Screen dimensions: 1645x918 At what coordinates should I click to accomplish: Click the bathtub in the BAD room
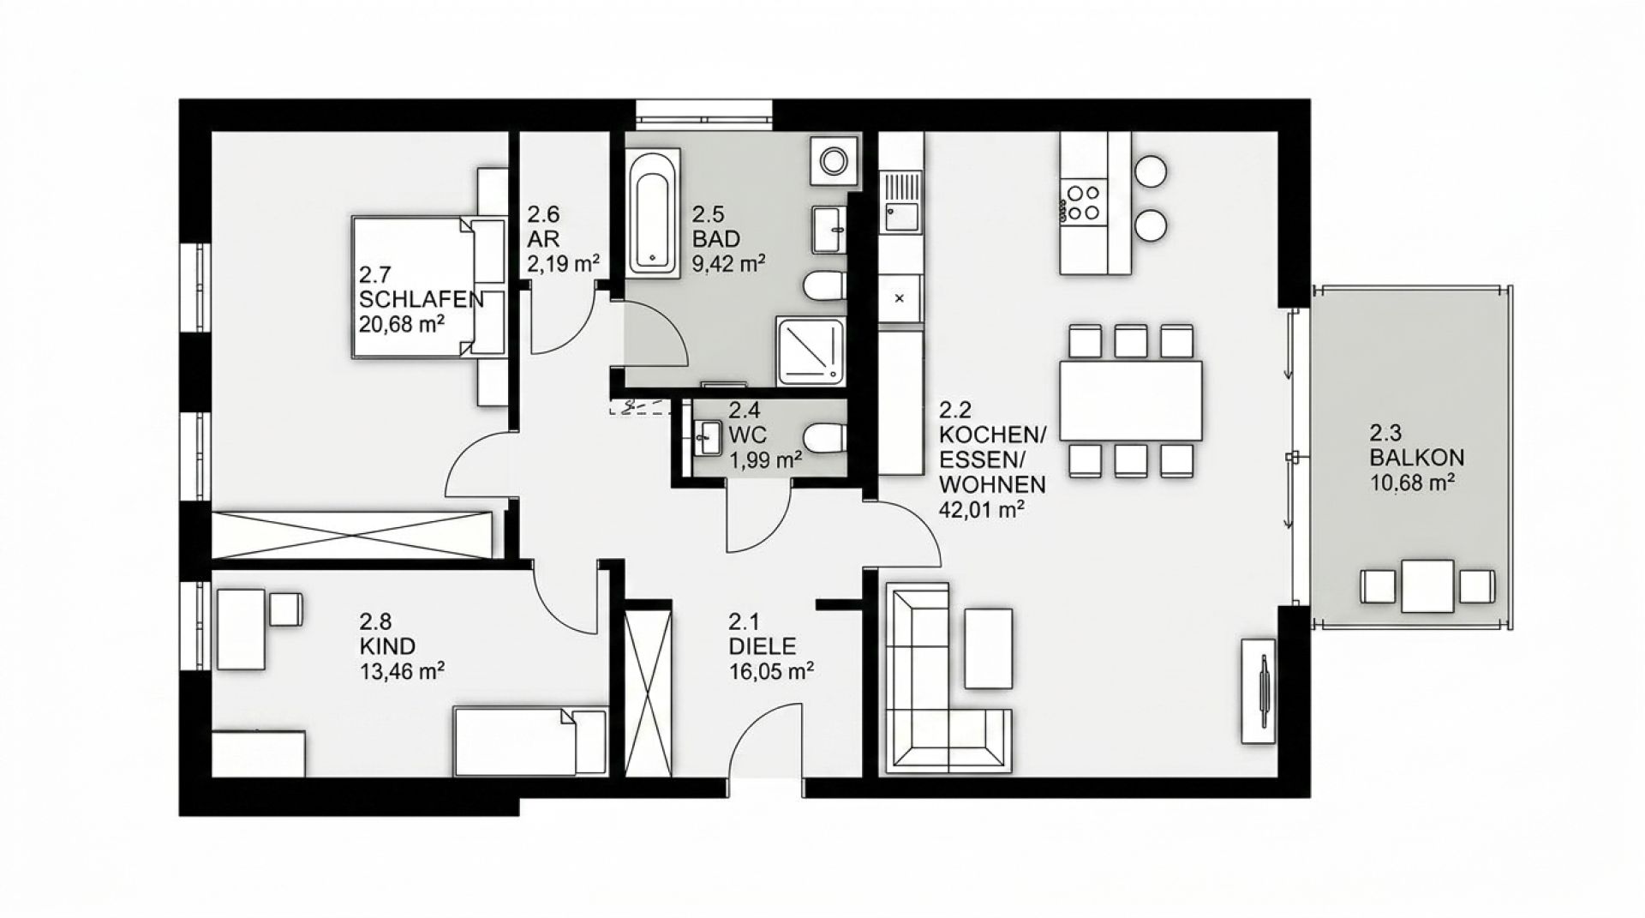click(x=653, y=212)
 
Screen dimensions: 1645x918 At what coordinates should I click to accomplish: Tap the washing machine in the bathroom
click(x=832, y=160)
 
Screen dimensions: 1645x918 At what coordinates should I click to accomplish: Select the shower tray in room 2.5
click(x=811, y=351)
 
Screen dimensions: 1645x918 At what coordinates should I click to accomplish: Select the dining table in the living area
click(x=1131, y=400)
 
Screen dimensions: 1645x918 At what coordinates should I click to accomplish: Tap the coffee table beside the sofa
click(x=988, y=648)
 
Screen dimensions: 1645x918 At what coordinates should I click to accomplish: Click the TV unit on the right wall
click(x=1258, y=690)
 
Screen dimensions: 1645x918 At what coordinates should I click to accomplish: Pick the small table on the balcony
click(x=1427, y=586)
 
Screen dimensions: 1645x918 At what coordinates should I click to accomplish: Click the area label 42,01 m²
click(x=983, y=510)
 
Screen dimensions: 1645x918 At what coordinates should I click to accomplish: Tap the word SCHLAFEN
click(x=422, y=300)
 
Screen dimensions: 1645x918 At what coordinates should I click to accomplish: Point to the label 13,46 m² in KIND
click(x=402, y=670)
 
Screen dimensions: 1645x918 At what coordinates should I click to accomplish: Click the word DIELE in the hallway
click(x=762, y=646)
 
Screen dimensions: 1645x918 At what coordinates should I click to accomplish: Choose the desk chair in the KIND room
click(x=285, y=609)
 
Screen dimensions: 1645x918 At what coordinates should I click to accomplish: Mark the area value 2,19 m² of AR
click(x=563, y=263)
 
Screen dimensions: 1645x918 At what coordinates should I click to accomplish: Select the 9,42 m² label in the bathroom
click(x=729, y=263)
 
